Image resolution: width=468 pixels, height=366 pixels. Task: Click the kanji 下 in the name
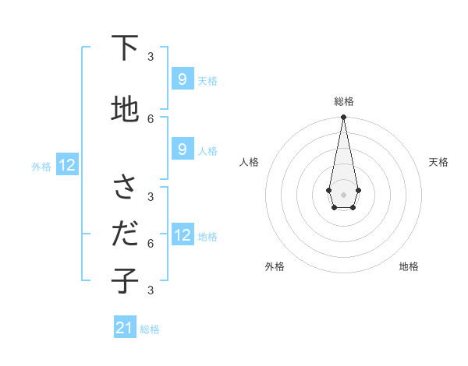coord(125,48)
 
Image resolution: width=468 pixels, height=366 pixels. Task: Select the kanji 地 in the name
coord(125,110)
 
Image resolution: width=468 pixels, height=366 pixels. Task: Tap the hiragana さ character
coord(125,187)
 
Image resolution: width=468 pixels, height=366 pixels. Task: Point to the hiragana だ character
coord(125,234)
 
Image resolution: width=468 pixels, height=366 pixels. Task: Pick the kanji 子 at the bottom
coord(125,280)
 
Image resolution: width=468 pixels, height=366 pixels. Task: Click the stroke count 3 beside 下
coord(151,56)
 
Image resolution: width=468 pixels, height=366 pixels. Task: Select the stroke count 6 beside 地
coord(151,118)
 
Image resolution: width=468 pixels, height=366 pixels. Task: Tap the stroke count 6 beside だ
coord(151,243)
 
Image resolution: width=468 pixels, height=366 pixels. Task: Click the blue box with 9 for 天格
coord(182,79)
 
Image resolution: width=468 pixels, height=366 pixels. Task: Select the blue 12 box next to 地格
coord(182,234)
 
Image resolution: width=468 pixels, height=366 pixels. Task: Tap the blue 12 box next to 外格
coord(67,164)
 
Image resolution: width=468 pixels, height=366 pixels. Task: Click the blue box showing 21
coord(125,328)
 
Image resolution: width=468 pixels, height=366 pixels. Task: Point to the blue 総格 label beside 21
coord(151,329)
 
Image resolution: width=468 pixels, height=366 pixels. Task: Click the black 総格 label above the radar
coord(344,101)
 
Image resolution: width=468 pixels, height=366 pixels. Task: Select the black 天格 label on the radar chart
coord(438,162)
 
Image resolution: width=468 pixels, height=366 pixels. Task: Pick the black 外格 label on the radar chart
coord(275,266)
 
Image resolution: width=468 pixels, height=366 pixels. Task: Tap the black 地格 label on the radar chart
coord(409,266)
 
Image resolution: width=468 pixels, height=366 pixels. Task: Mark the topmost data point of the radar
coord(343,118)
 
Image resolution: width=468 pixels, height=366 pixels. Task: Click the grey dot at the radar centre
coord(343,193)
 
